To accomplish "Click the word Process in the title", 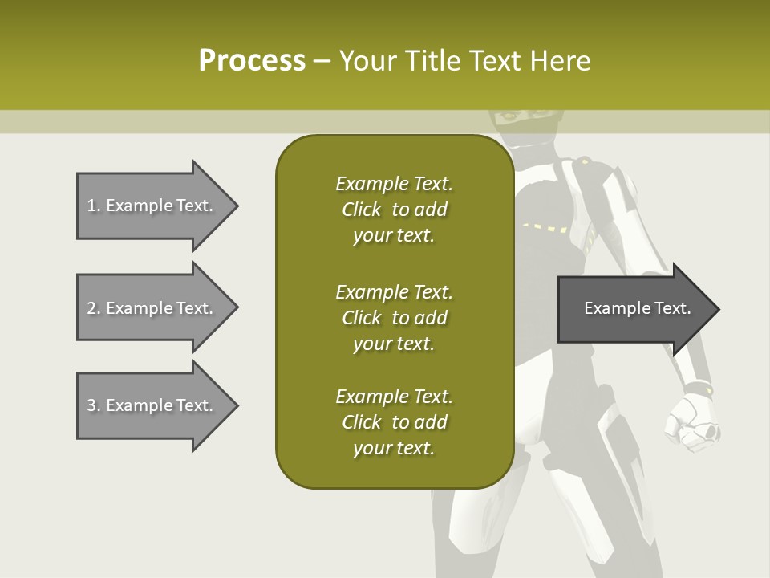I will click(x=252, y=61).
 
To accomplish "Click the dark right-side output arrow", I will click(x=634, y=309).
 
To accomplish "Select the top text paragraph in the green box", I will click(x=394, y=210).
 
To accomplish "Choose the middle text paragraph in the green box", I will click(x=394, y=318).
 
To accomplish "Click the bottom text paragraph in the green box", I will click(x=394, y=422).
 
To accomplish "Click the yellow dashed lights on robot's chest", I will click(x=545, y=228).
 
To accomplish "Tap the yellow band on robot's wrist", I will click(x=707, y=391).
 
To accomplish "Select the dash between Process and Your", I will click(x=322, y=61).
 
